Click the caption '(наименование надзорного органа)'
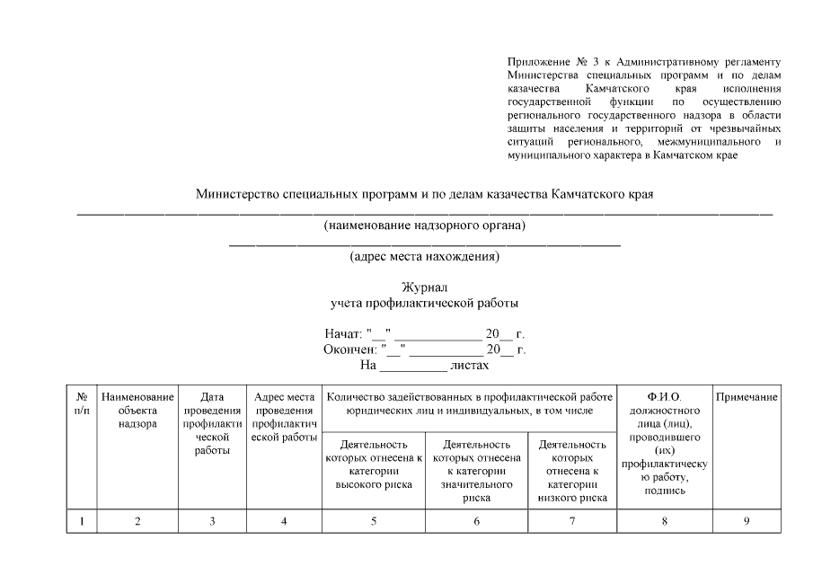pyautogui.click(x=424, y=225)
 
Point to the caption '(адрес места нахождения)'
pyautogui.click(x=424, y=257)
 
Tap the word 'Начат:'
pyautogui.click(x=342, y=334)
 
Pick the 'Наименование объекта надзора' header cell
pyautogui.click(x=137, y=410)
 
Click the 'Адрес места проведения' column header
pyautogui.click(x=284, y=417)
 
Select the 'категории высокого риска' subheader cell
pyautogui.click(x=374, y=464)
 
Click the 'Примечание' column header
pyautogui.click(x=746, y=397)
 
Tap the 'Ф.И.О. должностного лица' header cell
pyautogui.click(x=664, y=444)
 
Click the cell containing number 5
pyautogui.click(x=374, y=521)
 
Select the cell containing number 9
pyautogui.click(x=746, y=521)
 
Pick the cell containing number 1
pyautogui.click(x=81, y=521)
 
